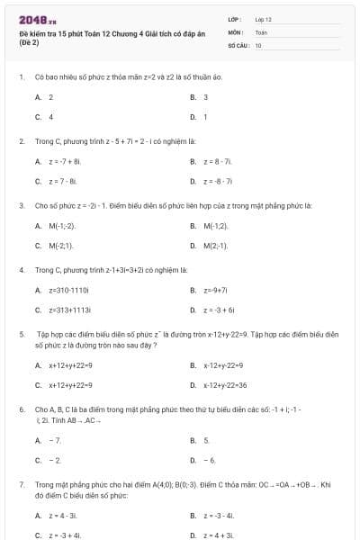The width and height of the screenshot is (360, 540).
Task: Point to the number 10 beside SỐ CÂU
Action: point(258,43)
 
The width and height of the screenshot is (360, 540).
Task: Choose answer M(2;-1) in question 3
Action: point(216,245)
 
